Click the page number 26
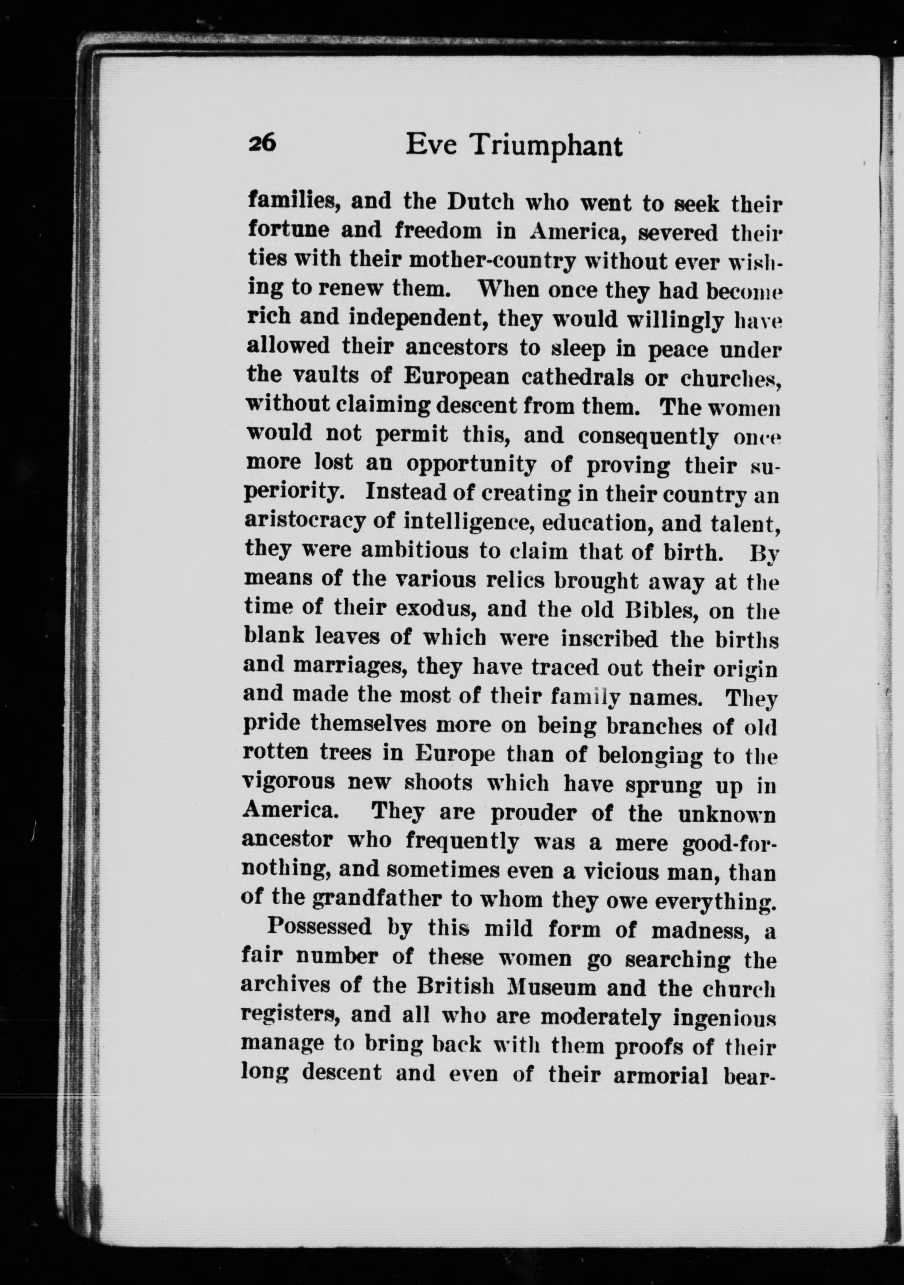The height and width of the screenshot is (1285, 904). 262,144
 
